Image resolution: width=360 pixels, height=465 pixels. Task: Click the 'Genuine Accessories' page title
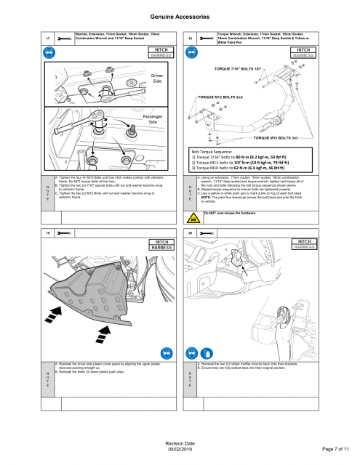coord(180,15)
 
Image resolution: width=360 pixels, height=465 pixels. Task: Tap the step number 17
coord(47,38)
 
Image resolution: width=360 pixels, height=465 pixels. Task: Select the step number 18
coord(190,38)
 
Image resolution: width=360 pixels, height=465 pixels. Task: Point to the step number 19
coord(47,232)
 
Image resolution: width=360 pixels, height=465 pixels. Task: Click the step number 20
coord(190,232)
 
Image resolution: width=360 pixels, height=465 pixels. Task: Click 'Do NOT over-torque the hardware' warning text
coord(231,213)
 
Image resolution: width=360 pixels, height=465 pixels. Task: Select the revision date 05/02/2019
coord(180,453)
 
